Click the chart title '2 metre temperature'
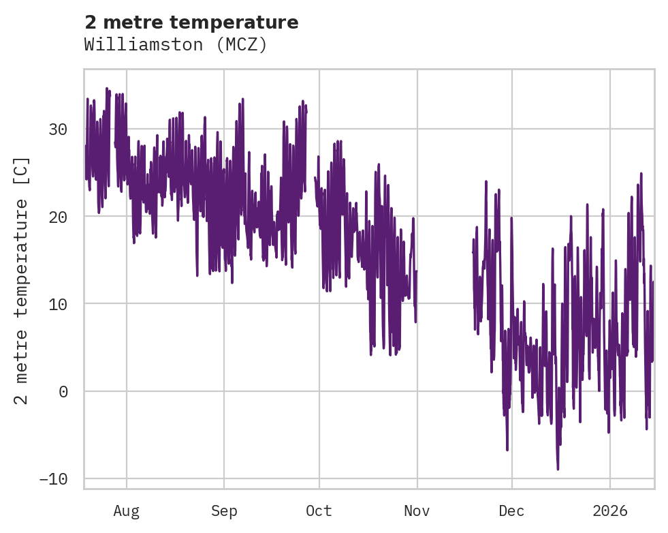point(191,22)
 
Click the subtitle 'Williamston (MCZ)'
point(176,45)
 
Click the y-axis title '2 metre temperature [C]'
point(22,280)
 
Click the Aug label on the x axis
point(127,511)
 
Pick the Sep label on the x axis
point(223,511)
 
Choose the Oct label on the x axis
point(319,511)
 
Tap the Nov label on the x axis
point(417,511)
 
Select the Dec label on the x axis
point(511,511)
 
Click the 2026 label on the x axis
point(609,511)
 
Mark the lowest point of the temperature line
point(558,469)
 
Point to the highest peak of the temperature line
point(107,89)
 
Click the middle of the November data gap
point(445,273)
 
